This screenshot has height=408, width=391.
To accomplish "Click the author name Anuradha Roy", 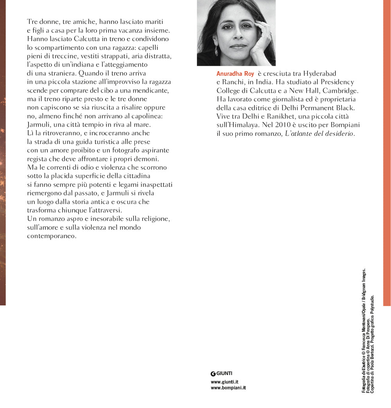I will click(235, 74).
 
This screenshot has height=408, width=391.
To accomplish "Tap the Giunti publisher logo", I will click(221, 373).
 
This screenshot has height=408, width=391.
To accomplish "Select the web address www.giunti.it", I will click(225, 382).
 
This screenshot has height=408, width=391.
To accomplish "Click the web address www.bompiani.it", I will click(228, 388).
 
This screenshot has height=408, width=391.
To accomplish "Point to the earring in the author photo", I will click(216, 51).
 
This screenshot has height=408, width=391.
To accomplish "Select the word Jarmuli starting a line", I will click(39, 125).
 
